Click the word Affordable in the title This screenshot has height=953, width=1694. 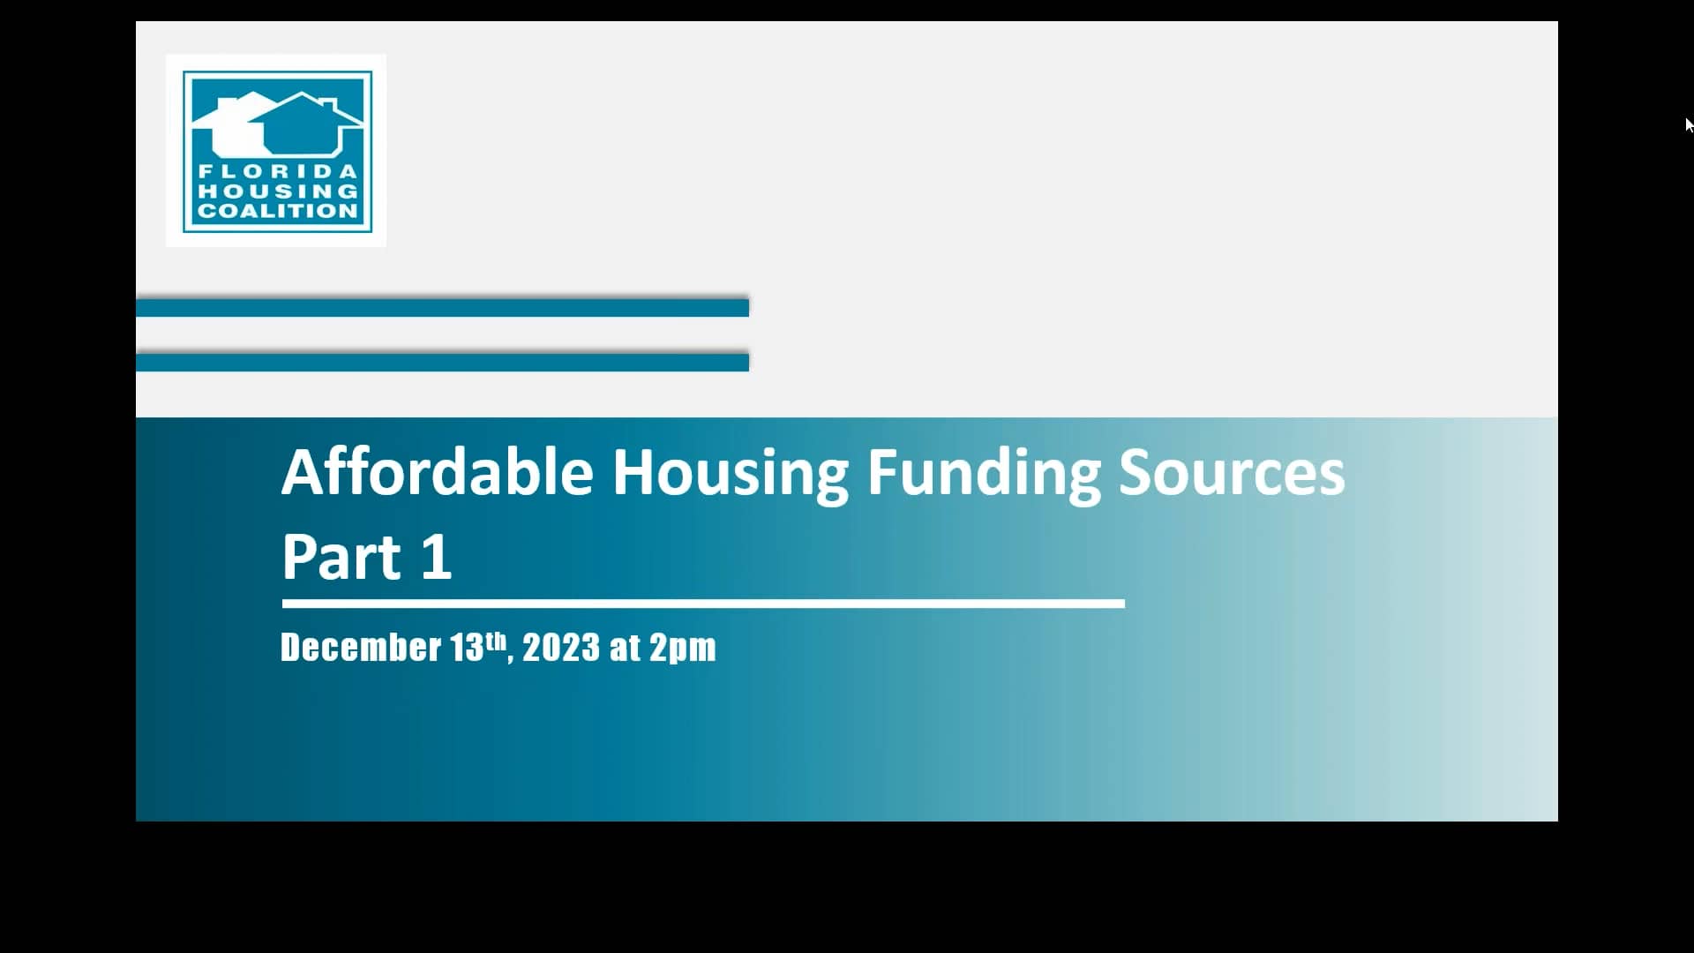(437, 472)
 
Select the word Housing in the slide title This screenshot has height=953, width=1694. (730, 474)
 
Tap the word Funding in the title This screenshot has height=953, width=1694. (984, 474)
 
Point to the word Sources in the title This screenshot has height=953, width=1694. (1232, 472)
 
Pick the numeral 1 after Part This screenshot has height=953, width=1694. (437, 557)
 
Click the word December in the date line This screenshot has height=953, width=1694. (361, 648)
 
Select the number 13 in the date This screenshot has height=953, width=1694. (467, 648)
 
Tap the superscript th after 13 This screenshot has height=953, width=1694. (496, 639)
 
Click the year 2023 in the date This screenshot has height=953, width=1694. (561, 648)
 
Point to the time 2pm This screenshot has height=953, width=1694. (683, 649)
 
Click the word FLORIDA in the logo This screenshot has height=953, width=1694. (277, 171)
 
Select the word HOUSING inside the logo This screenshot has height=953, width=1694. (277, 191)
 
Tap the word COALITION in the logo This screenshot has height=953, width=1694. (277, 211)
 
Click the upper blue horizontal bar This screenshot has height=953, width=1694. (442, 307)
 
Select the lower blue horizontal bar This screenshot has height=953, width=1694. (442, 362)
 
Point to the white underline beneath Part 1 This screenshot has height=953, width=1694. (703, 604)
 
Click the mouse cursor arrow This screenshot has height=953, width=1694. (1689, 124)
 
